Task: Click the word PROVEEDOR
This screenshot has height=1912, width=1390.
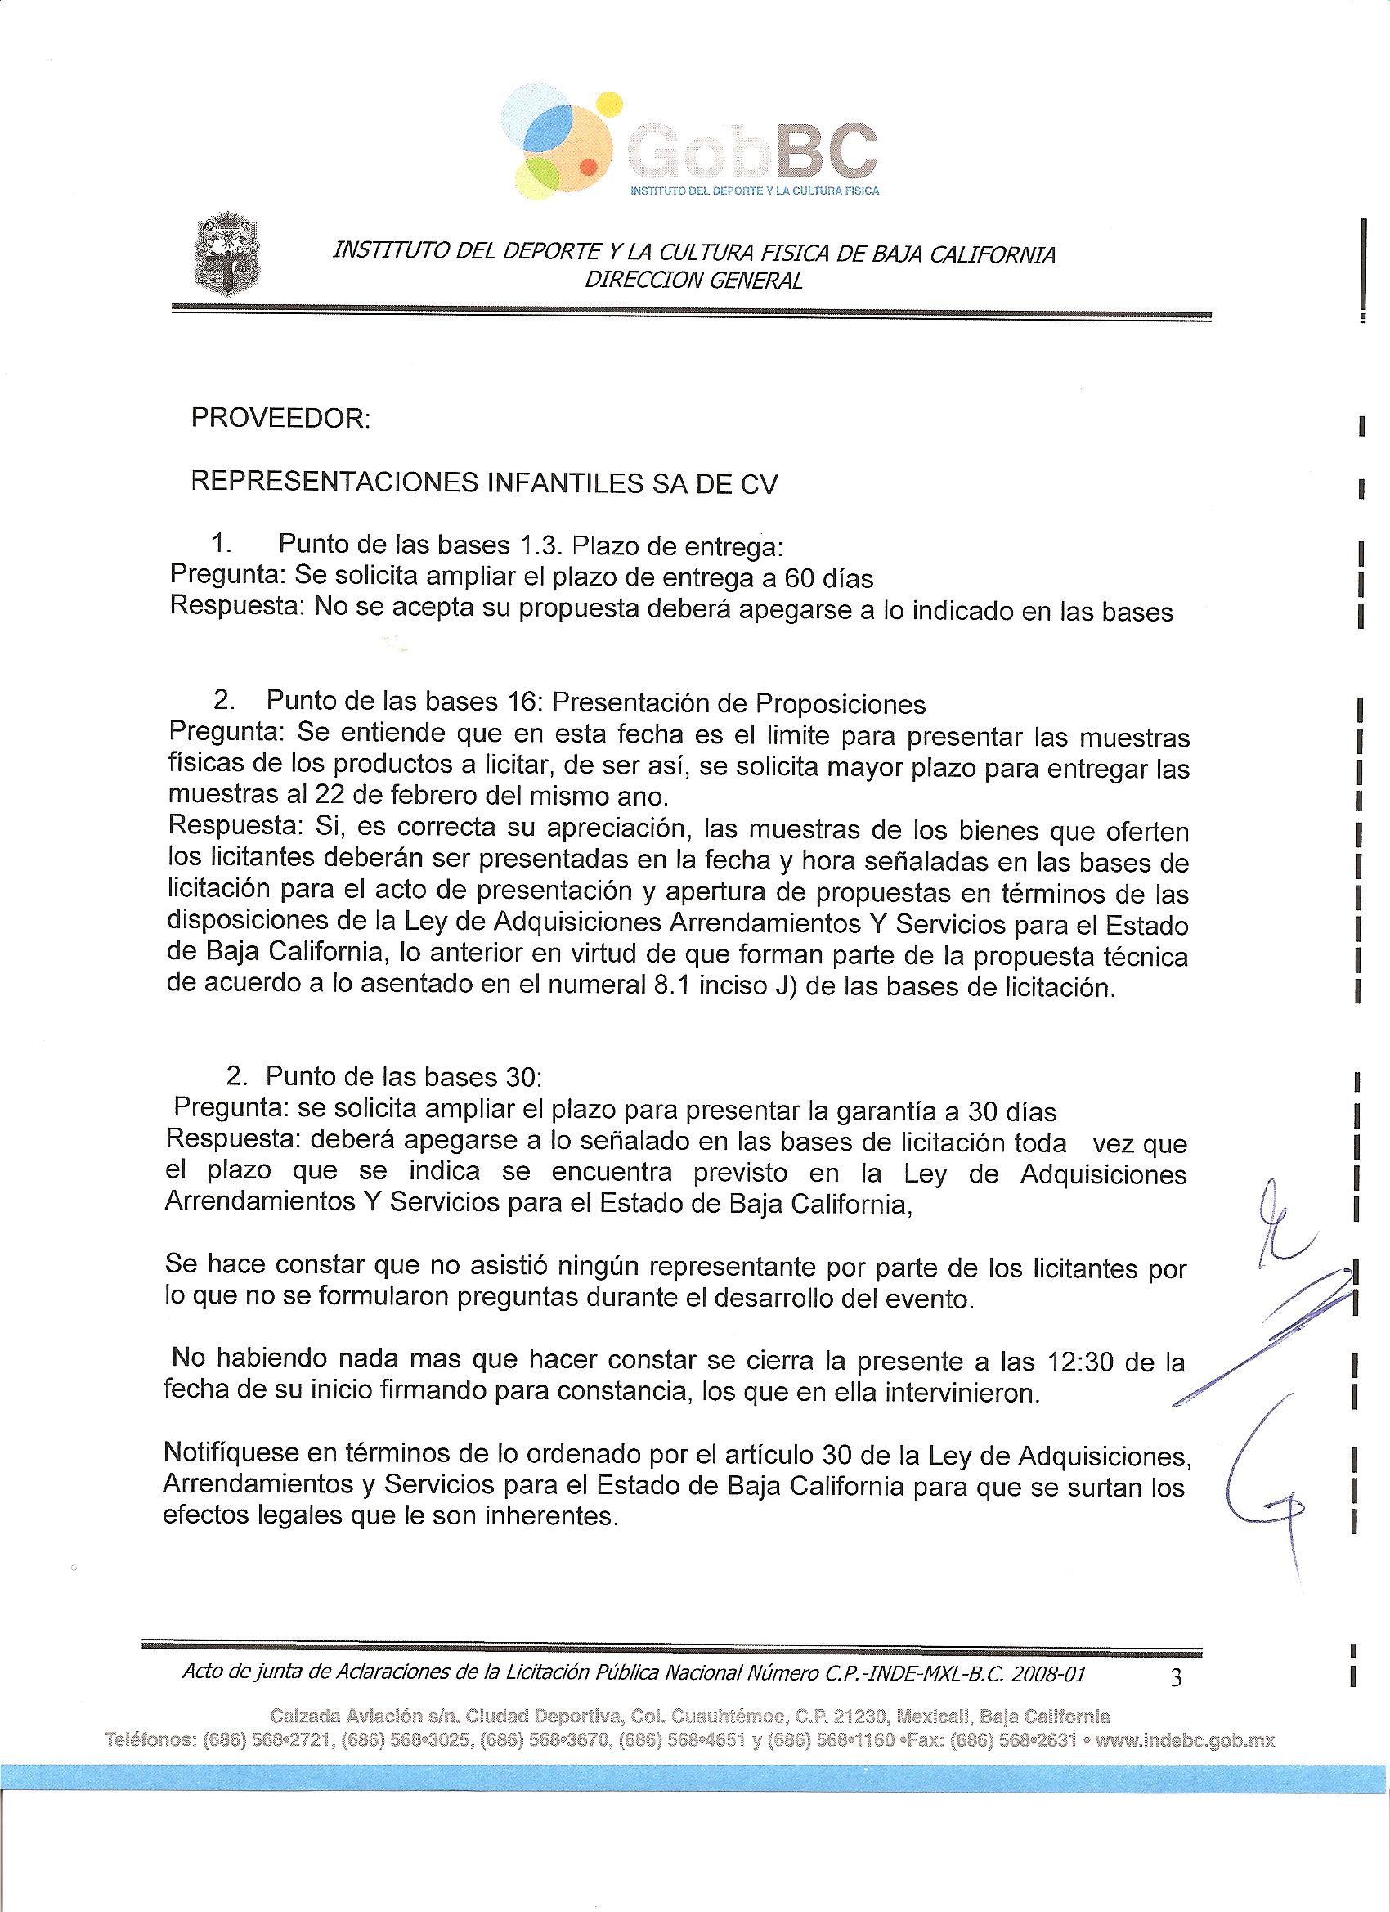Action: pyautogui.click(x=280, y=419)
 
